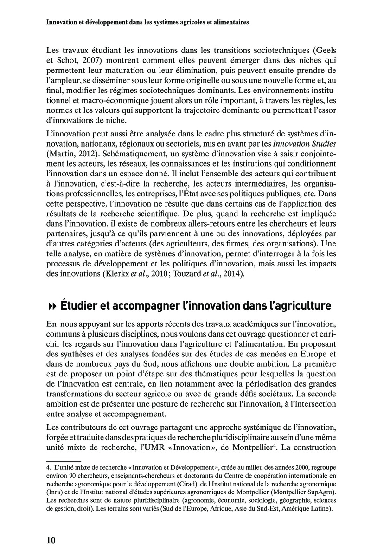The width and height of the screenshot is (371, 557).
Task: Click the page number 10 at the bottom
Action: tap(51, 540)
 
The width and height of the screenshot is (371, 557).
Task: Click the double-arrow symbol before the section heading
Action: tap(51, 306)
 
